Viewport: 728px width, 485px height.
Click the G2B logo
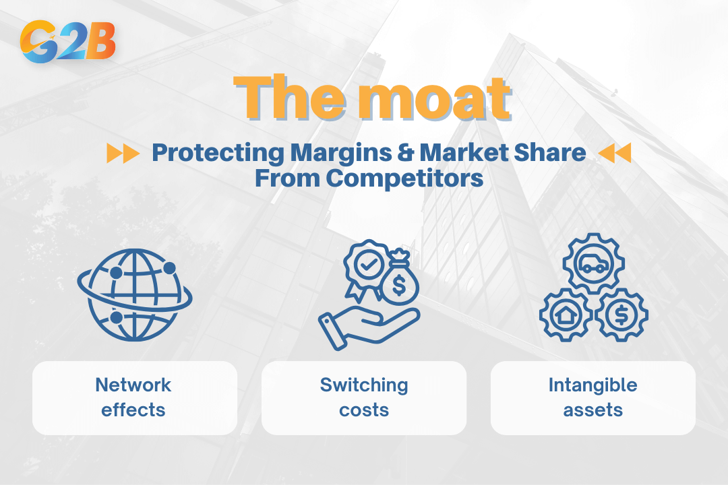68,41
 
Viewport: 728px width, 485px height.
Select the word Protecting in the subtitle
218,153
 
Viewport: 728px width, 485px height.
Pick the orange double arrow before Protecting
123,154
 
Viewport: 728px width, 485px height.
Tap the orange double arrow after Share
614,154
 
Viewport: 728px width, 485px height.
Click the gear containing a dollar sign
621,314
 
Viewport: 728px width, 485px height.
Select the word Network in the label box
133,385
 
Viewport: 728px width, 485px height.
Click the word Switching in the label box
364,385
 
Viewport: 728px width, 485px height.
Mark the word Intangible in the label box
593,385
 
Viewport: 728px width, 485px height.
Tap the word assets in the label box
593,409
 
